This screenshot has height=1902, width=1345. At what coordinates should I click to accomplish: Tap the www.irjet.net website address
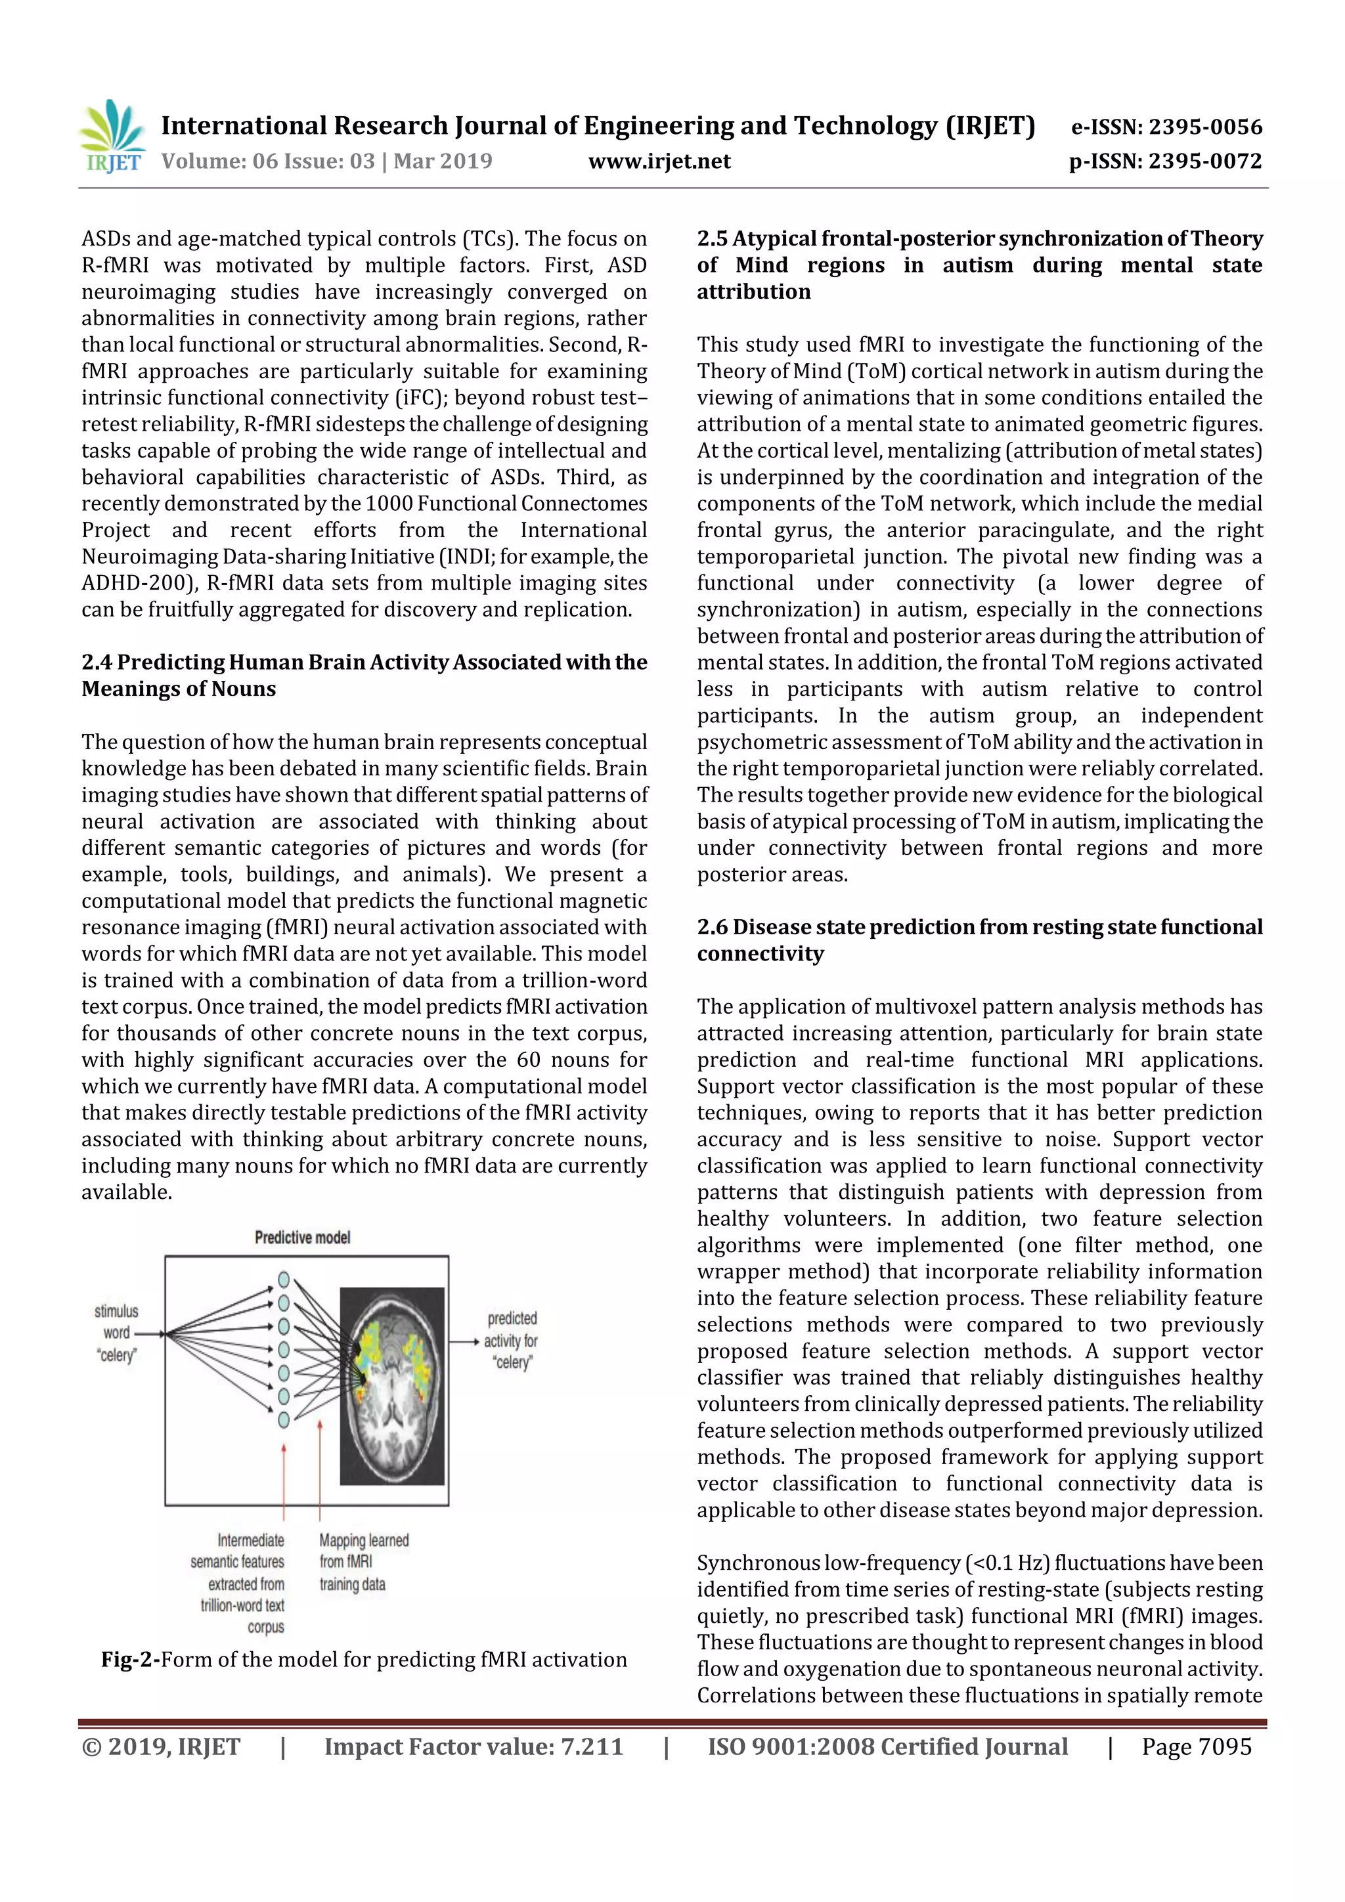tap(659, 162)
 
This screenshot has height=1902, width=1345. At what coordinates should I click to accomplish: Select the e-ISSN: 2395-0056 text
tap(1166, 127)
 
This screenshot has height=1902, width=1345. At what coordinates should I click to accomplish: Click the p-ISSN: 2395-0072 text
tap(1164, 162)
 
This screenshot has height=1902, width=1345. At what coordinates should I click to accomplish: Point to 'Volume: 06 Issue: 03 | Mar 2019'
tap(326, 162)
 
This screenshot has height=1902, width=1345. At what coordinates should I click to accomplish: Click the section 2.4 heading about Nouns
tap(364, 675)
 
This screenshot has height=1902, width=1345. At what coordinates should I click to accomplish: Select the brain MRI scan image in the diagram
tap(393, 1385)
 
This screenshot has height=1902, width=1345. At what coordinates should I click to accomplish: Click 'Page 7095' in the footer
tap(1196, 1747)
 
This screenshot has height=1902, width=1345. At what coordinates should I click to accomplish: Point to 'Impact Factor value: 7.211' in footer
tap(474, 1747)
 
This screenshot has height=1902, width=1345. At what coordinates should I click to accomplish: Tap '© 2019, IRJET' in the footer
tap(161, 1747)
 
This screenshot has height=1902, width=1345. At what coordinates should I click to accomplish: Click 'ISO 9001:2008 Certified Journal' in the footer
tap(887, 1747)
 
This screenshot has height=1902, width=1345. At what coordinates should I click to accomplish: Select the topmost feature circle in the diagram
tap(284, 1279)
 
